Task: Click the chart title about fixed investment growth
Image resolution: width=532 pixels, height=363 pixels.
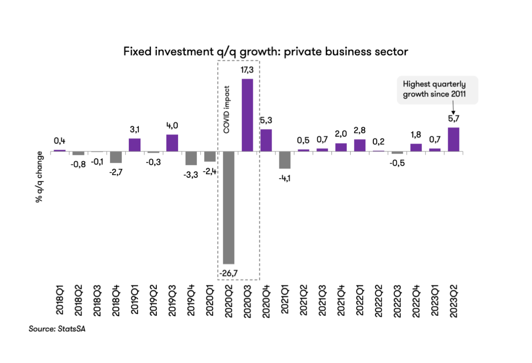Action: tap(266, 52)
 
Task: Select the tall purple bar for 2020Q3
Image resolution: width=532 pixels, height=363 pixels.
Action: tap(247, 115)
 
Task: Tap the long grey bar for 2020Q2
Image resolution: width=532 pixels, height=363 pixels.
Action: tap(228, 208)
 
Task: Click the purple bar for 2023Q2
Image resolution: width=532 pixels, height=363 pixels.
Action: tap(453, 139)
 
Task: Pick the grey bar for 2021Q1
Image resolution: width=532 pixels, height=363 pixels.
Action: tap(284, 160)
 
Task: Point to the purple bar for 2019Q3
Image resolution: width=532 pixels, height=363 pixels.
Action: tap(172, 143)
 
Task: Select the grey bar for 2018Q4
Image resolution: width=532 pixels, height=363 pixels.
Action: tap(116, 157)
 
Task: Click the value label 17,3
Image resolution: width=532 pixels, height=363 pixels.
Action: tap(247, 70)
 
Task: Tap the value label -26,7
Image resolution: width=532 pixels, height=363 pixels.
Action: tap(228, 273)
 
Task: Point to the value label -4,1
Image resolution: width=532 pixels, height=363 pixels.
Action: tap(284, 178)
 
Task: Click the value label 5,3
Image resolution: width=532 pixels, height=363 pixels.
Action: tap(266, 121)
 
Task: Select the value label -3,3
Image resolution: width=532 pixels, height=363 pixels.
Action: tap(191, 175)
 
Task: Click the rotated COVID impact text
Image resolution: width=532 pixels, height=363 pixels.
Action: tap(227, 110)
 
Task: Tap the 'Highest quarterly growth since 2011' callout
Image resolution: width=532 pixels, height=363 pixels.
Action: tap(437, 89)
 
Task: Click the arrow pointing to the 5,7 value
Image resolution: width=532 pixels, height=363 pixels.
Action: tap(453, 108)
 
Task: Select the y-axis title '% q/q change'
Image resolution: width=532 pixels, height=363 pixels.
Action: tap(39, 177)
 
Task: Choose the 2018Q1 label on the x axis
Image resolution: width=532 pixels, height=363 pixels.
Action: tap(60, 299)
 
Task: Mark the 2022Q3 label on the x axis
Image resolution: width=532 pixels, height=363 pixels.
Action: tap(397, 301)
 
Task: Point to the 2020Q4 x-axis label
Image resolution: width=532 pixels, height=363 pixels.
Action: tap(266, 301)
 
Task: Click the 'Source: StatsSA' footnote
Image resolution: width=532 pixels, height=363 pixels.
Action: tap(57, 329)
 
